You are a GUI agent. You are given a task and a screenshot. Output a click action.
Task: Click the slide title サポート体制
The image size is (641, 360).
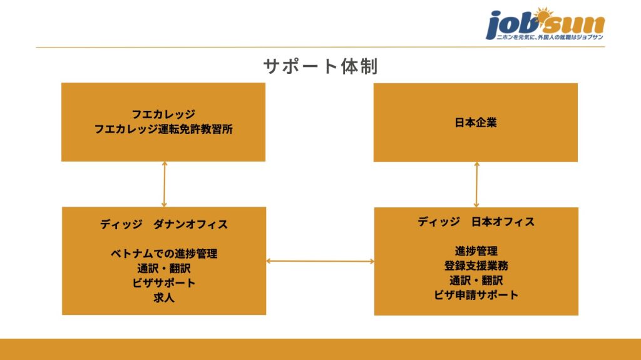click(320, 66)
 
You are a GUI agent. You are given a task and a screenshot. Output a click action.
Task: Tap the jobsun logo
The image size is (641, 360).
click(545, 24)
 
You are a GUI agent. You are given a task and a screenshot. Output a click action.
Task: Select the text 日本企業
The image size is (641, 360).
click(475, 123)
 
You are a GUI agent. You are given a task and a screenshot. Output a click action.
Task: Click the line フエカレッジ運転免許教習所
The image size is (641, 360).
click(163, 130)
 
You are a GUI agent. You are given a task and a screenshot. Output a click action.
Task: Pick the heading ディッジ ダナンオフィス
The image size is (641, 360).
click(163, 224)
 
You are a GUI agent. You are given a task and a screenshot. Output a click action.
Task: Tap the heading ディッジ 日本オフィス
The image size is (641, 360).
click(476, 222)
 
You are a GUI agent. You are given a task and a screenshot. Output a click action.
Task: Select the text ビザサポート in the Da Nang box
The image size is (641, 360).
click(163, 283)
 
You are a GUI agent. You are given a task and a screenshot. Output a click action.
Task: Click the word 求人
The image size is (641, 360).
click(163, 298)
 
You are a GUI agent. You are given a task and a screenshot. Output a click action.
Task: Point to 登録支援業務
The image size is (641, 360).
click(476, 265)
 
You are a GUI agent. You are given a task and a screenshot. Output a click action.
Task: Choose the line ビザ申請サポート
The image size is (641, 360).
click(476, 295)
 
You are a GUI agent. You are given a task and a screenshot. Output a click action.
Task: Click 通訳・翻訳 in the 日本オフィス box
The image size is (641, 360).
click(476, 280)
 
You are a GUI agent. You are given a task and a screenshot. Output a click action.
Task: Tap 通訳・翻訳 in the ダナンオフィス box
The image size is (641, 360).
click(163, 269)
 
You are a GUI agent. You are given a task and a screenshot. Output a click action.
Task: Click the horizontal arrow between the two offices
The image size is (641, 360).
click(320, 261)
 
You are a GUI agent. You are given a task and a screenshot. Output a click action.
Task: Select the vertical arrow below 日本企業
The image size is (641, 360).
click(477, 184)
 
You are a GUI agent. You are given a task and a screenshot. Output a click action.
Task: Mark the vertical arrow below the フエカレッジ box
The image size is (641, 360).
click(164, 184)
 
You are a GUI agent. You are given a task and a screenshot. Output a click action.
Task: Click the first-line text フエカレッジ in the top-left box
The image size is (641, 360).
click(163, 115)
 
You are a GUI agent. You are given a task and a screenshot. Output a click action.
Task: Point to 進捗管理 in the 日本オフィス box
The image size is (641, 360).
click(476, 251)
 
